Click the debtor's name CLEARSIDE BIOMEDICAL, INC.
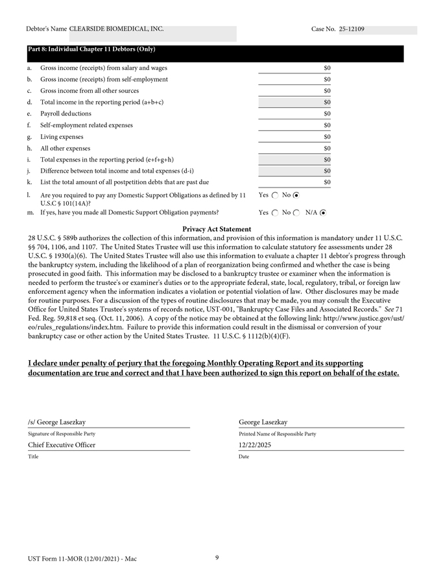(x=117, y=29)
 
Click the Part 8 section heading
(x=91, y=49)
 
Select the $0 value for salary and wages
(x=327, y=67)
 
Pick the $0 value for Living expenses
(x=327, y=137)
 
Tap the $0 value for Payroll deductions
(x=327, y=114)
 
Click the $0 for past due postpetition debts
(x=327, y=182)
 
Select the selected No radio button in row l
(x=296, y=195)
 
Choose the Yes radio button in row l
(x=275, y=195)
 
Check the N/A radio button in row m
(x=323, y=212)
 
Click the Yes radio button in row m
(x=275, y=212)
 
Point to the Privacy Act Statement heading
(x=217, y=229)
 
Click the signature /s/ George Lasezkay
(x=57, y=422)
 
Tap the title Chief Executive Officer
(x=62, y=445)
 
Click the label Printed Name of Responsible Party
(x=277, y=433)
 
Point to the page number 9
(x=217, y=557)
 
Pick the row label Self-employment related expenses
(x=86, y=125)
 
